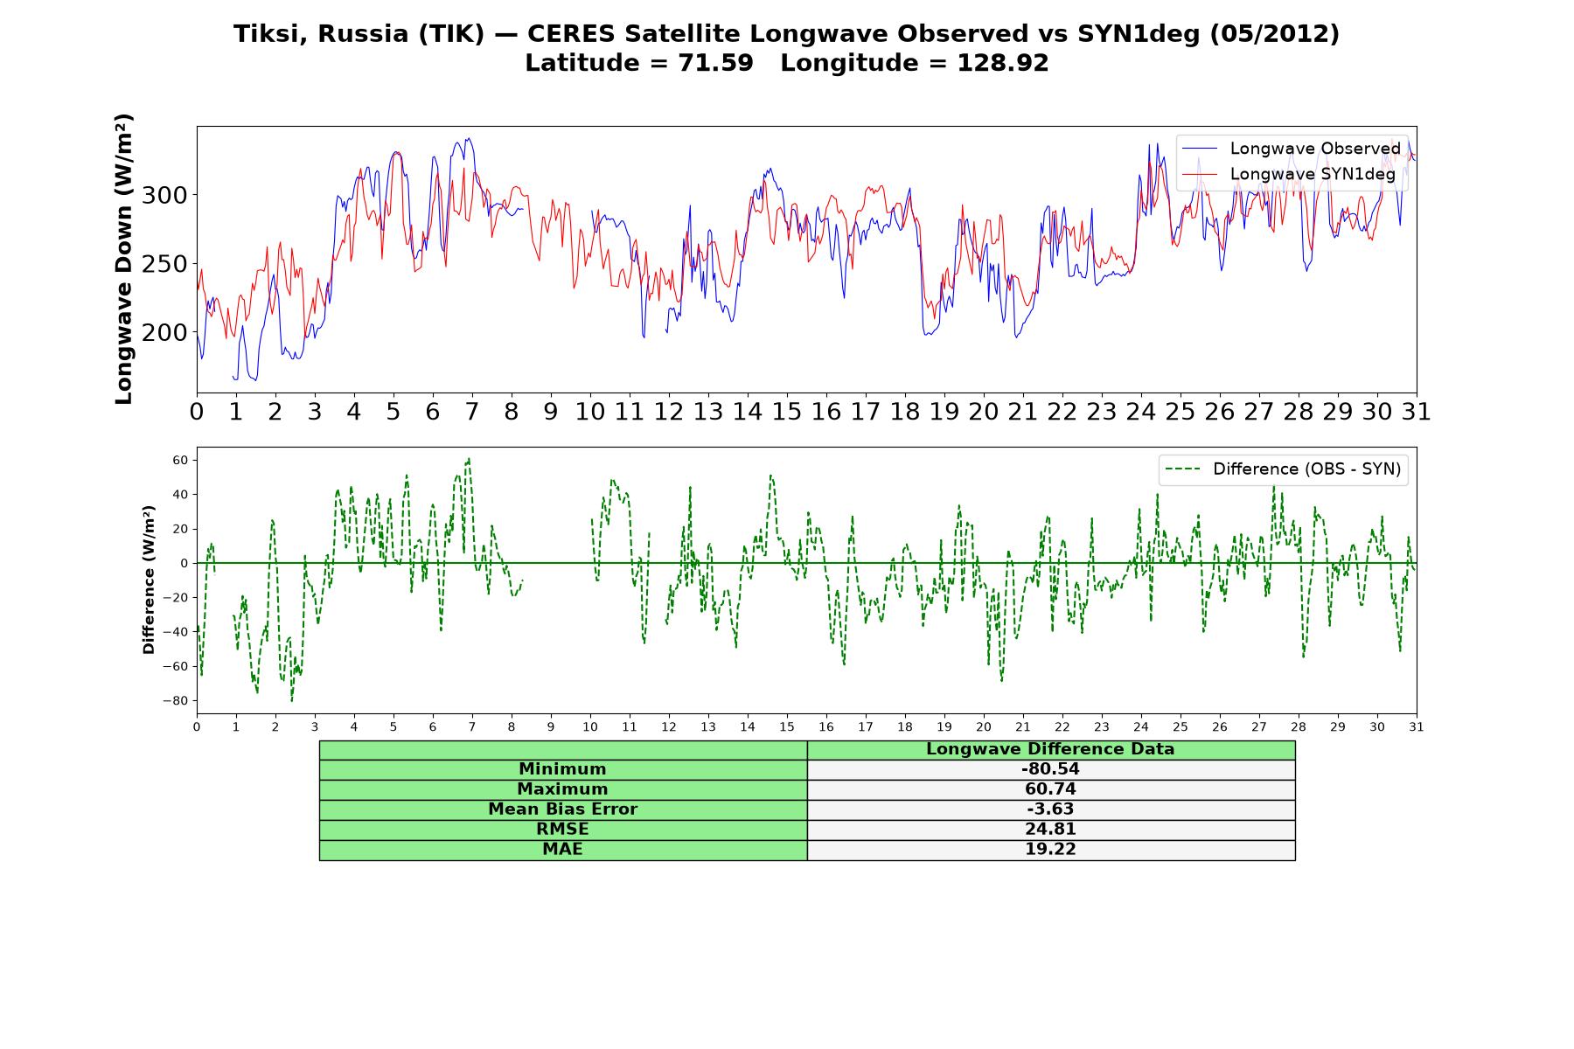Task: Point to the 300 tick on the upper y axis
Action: [165, 195]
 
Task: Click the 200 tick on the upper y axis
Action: [165, 332]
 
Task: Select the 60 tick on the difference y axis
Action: [181, 460]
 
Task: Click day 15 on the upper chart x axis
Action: [786, 412]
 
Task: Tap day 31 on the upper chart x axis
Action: [1416, 412]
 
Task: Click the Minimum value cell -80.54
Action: [1050, 769]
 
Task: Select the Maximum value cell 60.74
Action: [1050, 789]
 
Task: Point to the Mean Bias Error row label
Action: [562, 809]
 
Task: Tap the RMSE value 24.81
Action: [1050, 830]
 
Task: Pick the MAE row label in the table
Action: [562, 850]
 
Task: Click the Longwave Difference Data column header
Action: [1050, 749]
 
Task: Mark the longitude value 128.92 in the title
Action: [1002, 63]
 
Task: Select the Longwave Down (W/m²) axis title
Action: [124, 259]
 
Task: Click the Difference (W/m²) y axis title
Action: [149, 580]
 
